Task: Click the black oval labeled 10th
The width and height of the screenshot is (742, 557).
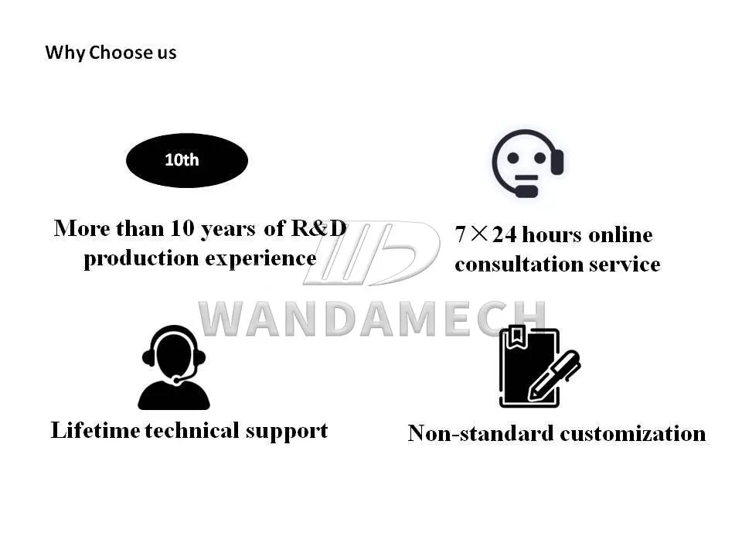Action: coord(186,160)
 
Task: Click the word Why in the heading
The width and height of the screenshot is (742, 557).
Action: coord(65,53)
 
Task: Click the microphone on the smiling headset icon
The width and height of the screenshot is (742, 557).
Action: coord(526,189)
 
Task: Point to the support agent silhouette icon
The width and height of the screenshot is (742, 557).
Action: coord(174,367)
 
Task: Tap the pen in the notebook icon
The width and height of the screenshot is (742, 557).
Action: coord(555,375)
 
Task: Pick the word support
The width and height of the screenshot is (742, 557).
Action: coord(287,432)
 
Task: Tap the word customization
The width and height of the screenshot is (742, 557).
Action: coord(633,433)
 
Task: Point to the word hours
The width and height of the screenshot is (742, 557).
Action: coord(552,234)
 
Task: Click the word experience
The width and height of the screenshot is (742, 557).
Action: coord(261,258)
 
